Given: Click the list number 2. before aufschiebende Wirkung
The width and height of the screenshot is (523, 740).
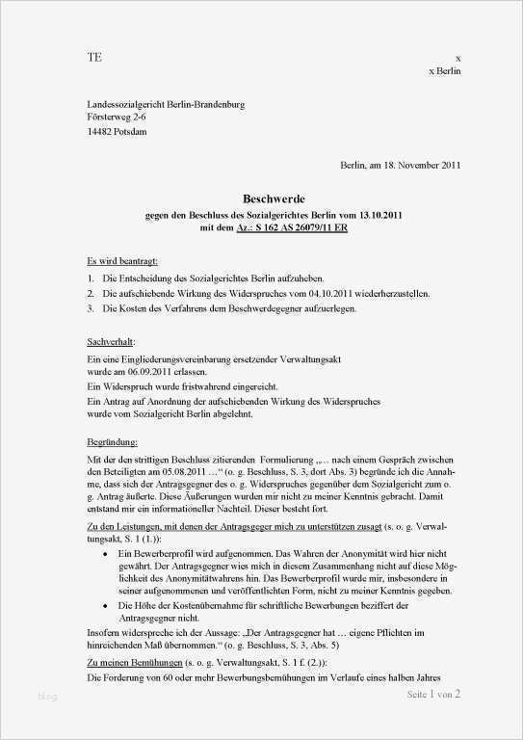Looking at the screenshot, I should [x=90, y=293].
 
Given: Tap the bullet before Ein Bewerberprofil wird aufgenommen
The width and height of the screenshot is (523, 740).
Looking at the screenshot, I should [x=105, y=557].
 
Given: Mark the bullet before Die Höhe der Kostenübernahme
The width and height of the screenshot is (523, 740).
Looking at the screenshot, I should [x=105, y=603].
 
